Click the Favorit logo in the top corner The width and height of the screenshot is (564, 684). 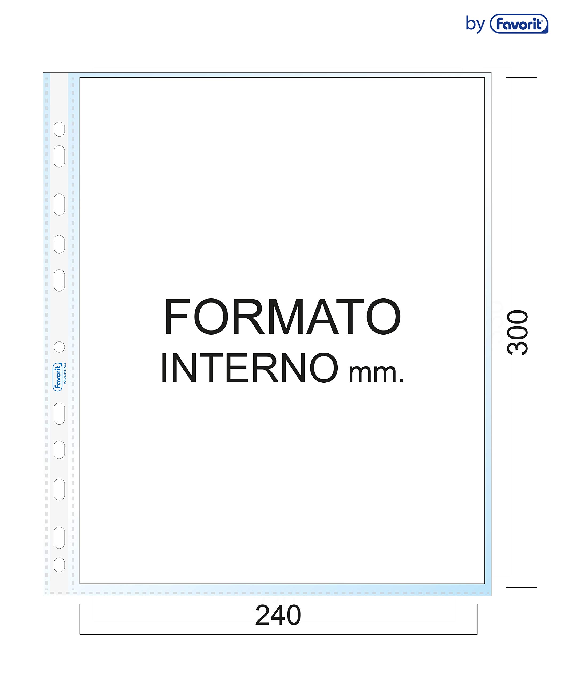[519, 24]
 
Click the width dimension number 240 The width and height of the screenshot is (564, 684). [278, 615]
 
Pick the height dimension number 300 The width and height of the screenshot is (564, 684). [518, 332]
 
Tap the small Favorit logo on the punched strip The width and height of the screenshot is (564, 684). [57, 377]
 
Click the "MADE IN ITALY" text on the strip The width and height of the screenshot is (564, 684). [65, 373]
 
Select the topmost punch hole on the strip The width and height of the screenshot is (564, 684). [59, 129]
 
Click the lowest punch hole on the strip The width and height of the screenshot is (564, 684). [59, 565]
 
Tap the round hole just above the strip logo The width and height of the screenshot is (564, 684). [59, 347]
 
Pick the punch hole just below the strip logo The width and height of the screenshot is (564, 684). [59, 413]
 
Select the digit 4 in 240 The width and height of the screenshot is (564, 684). [278, 615]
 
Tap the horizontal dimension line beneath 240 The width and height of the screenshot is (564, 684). [278, 634]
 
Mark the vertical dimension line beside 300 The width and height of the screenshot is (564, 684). [537, 332]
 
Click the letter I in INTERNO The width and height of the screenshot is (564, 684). [164, 368]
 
